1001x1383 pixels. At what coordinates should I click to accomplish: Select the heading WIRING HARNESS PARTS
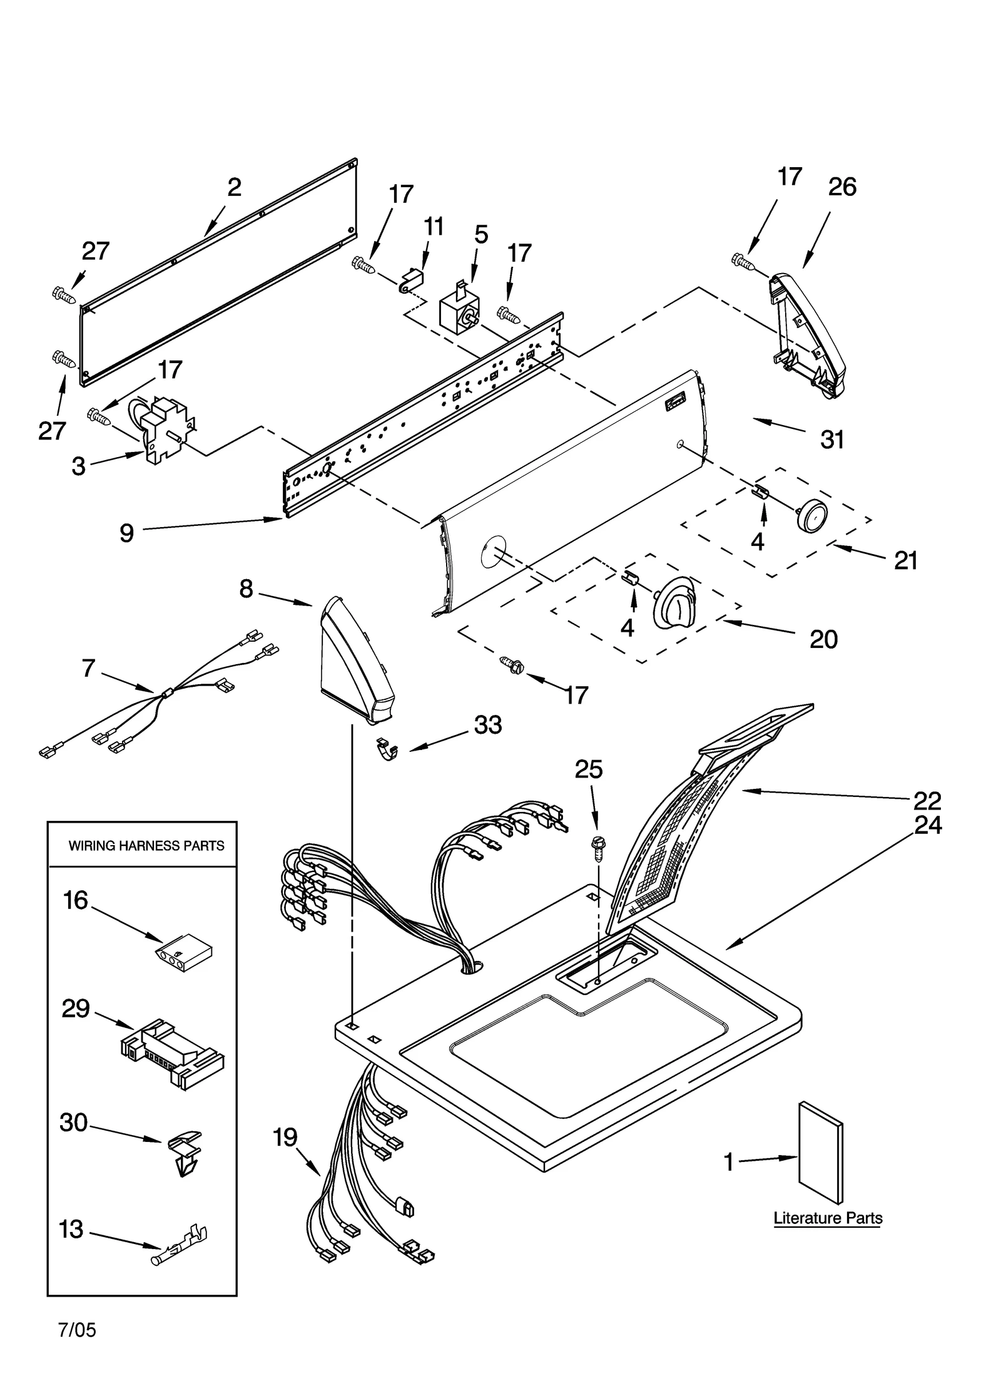point(146,846)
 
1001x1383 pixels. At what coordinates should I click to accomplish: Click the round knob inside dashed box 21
point(811,516)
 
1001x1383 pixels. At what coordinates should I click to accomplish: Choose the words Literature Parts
point(827,1218)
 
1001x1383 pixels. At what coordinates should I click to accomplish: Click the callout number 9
point(126,533)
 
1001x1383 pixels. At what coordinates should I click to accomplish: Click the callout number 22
point(927,800)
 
